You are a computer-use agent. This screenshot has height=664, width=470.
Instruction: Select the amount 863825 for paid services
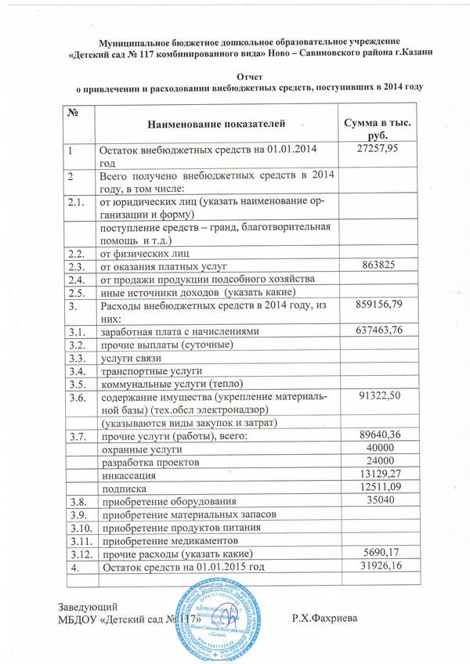[x=378, y=265]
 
